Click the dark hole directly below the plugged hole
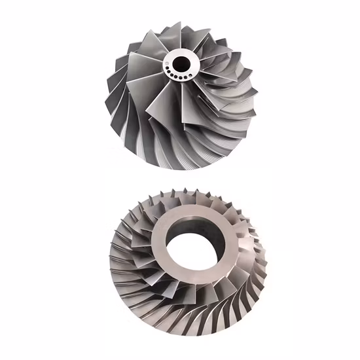pos(171,73)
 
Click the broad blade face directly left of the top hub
pos(141,69)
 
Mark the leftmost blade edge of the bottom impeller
pos(103,252)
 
